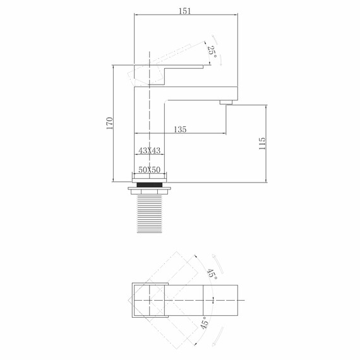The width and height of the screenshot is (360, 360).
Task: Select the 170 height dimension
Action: click(109, 123)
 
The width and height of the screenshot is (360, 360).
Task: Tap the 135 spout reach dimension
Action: click(179, 129)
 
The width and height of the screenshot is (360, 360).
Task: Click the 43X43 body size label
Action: click(150, 151)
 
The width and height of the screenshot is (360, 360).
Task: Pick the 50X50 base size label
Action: click(150, 171)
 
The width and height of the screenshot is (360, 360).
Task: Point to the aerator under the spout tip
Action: click(226, 102)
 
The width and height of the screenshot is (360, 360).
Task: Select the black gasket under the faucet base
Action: click(150, 183)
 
